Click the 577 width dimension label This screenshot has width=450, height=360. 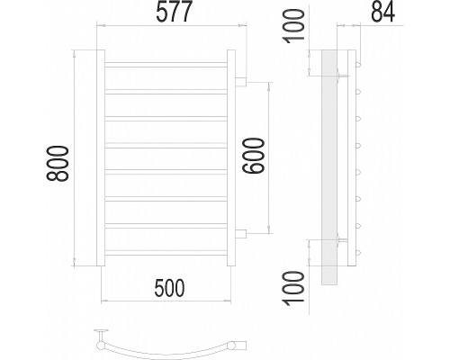(x=174, y=12)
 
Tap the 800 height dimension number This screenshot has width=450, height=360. (x=58, y=164)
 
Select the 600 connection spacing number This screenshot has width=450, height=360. (x=254, y=156)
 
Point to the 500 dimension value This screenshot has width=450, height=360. (x=169, y=287)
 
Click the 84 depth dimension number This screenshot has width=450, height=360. (x=383, y=12)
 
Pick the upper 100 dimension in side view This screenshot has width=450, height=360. (x=294, y=26)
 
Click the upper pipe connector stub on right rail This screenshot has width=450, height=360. (x=241, y=82)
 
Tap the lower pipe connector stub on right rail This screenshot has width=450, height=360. (x=241, y=234)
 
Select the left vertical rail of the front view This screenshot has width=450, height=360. (x=101, y=158)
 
